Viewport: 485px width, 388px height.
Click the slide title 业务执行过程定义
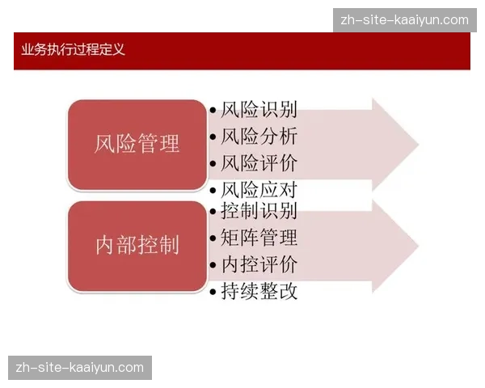click(74, 50)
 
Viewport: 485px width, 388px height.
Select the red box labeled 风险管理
click(137, 145)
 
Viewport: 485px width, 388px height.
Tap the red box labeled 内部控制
click(137, 246)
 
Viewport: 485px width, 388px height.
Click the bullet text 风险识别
click(259, 111)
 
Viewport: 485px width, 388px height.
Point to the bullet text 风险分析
click(259, 137)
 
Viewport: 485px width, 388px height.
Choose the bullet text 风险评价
click(259, 162)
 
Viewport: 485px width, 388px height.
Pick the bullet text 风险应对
click(259, 190)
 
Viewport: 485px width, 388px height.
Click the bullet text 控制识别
click(259, 212)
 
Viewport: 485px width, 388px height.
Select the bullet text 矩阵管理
click(259, 238)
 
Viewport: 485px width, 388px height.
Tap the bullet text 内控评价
click(259, 264)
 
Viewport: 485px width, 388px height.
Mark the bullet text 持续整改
click(259, 291)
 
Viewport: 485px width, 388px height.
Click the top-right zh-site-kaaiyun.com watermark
click(405, 20)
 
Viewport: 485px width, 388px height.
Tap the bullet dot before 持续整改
click(213, 292)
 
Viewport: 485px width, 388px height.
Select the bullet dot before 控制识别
click(213, 213)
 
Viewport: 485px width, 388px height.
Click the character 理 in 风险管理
click(169, 145)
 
